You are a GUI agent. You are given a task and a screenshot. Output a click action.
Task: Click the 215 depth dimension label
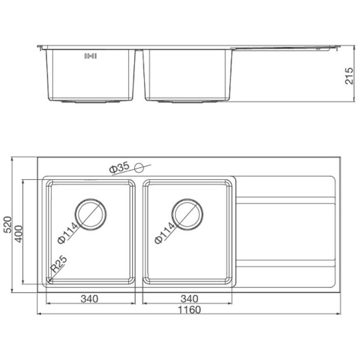coord(350,76)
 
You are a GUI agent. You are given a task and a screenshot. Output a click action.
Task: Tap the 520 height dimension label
coord(8,225)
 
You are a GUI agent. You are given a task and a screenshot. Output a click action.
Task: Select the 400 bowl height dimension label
coord(18,234)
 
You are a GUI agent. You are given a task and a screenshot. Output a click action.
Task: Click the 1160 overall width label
coord(189,310)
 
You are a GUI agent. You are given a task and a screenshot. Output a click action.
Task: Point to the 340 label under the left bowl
coord(90,299)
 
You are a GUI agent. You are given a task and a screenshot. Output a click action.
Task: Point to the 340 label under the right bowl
coord(189,299)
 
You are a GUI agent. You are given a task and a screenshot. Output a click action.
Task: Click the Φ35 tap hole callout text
coord(119,167)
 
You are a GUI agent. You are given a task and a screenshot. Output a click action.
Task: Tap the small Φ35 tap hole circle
coord(139,167)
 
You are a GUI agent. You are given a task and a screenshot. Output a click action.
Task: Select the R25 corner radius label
coord(59,264)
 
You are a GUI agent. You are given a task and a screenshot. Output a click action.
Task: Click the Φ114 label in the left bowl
coord(68,233)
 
